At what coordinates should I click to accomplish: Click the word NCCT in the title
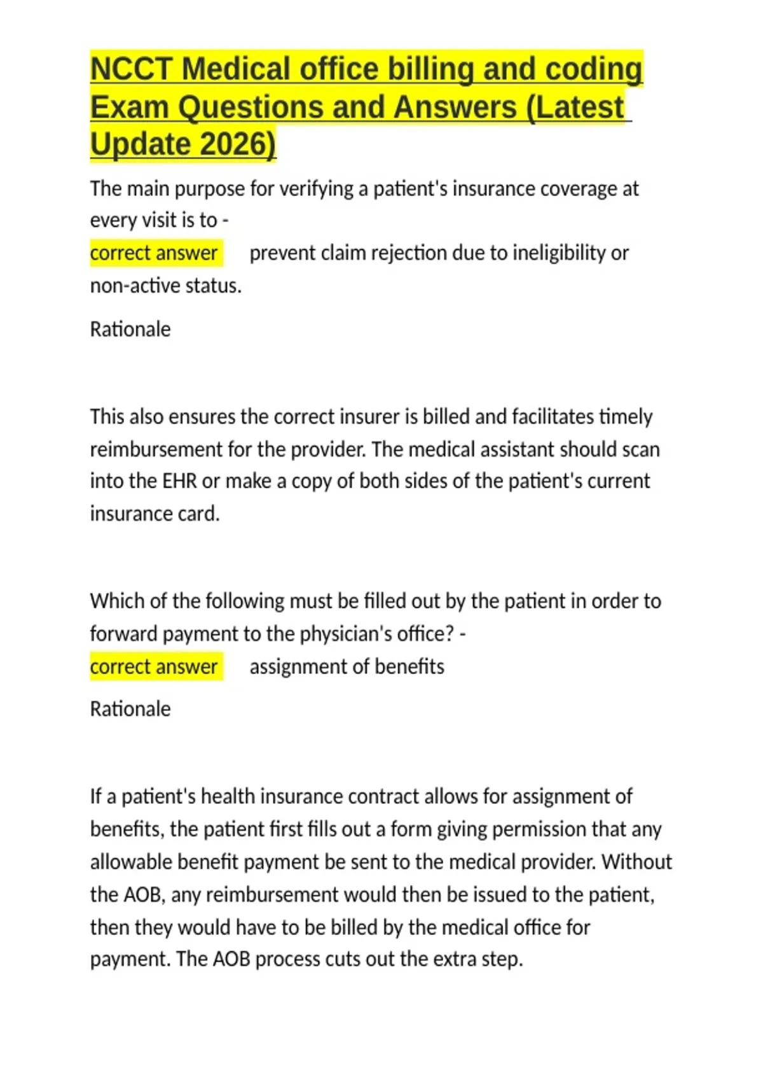click(x=131, y=69)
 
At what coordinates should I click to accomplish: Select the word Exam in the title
click(x=129, y=107)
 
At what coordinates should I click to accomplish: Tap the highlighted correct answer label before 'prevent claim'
click(x=154, y=253)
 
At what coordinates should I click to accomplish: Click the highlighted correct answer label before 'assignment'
click(x=154, y=667)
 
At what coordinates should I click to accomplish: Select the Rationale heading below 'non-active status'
click(x=130, y=330)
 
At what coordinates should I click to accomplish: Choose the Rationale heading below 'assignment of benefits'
click(x=130, y=709)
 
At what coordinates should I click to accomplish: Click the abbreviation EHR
click(x=180, y=481)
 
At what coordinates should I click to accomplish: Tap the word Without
click(x=636, y=862)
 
